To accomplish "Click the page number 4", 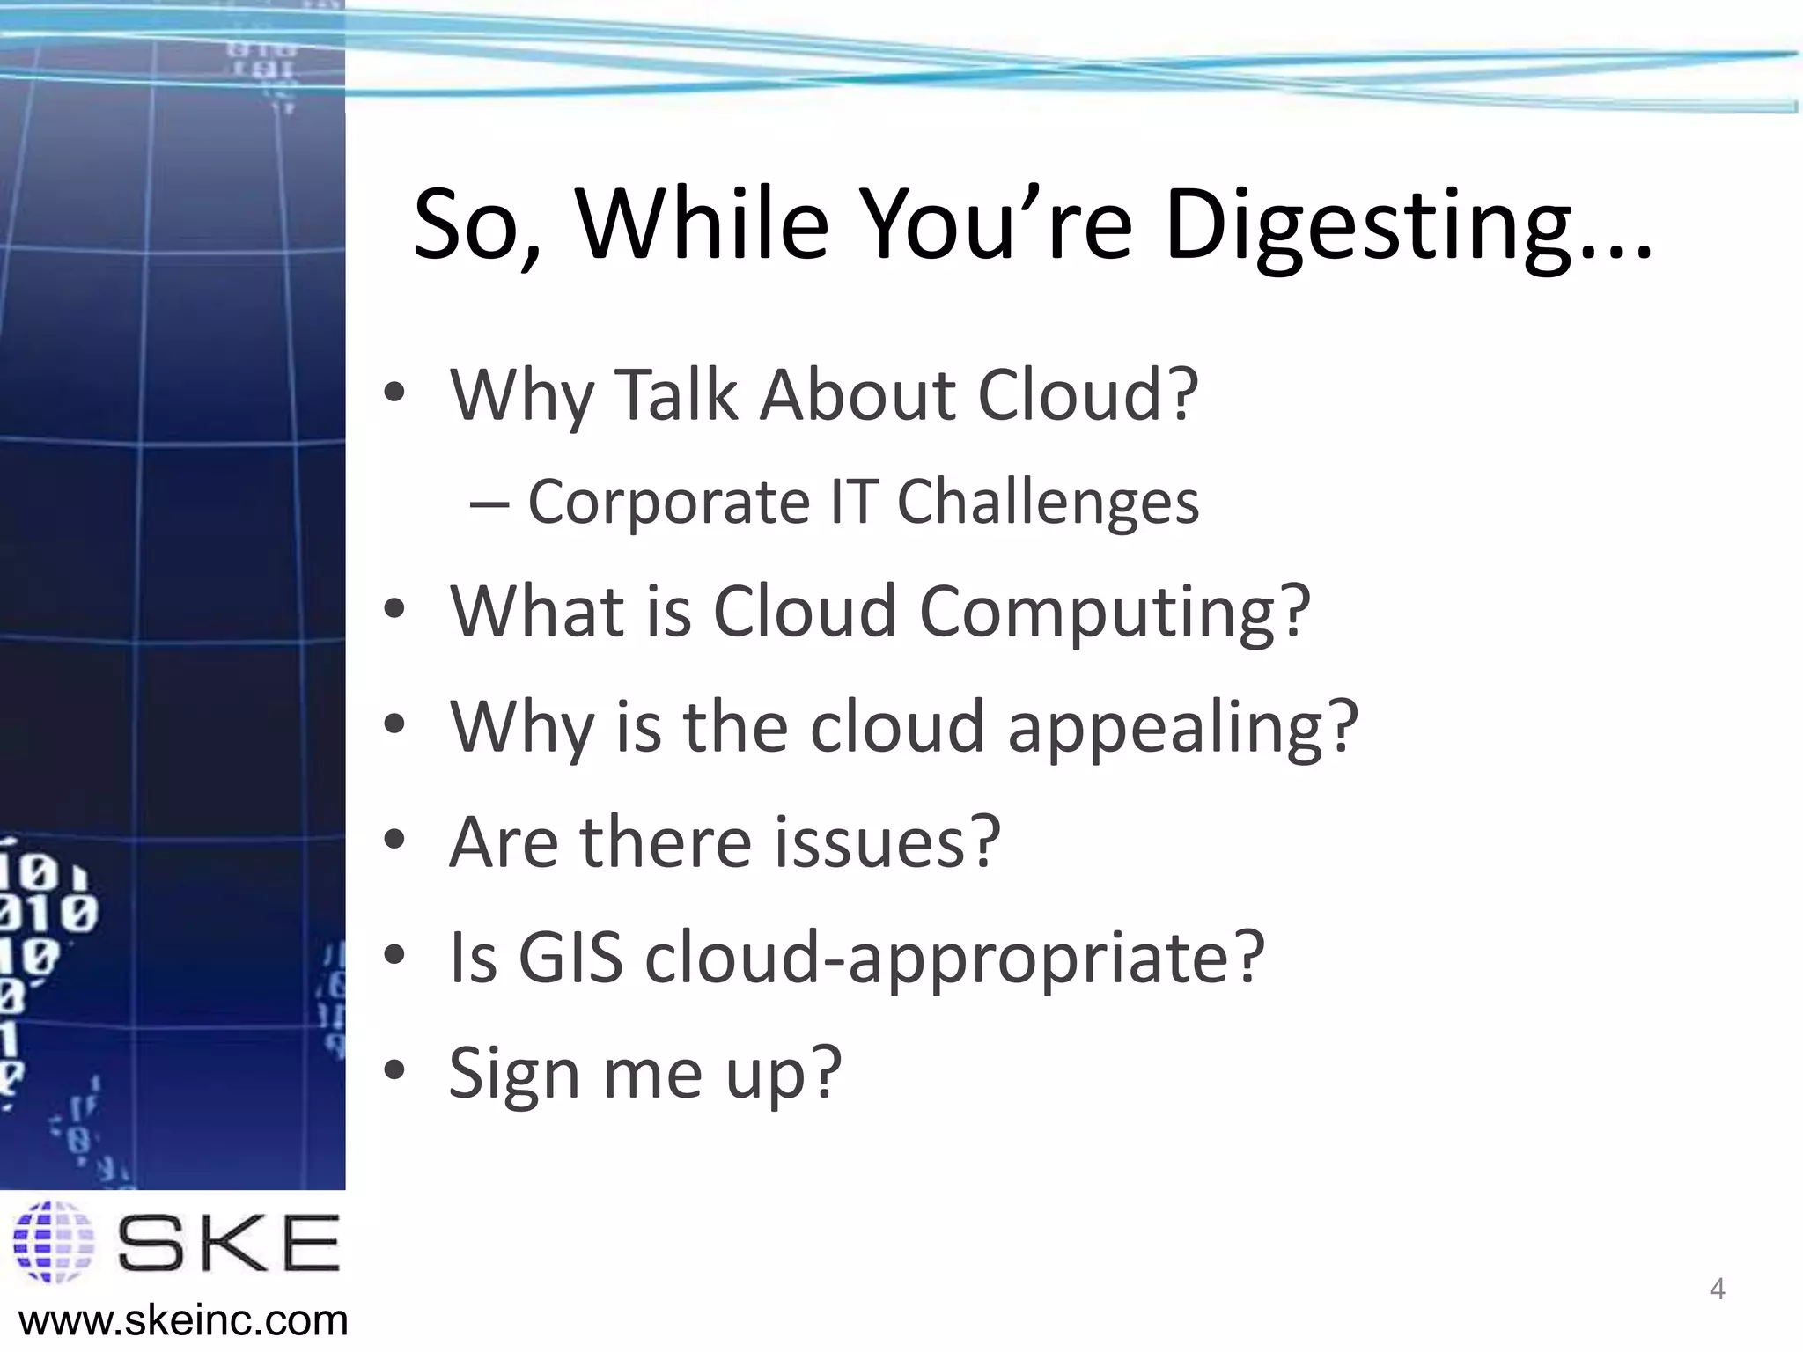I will tap(1716, 1290).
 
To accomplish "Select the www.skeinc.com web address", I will tap(183, 1320).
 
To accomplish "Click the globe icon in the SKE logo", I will tap(54, 1242).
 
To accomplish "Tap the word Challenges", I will tap(1048, 503).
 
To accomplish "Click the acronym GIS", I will tap(570, 957).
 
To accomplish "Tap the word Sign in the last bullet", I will tap(514, 1074).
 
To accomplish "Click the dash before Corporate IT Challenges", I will tap(489, 503).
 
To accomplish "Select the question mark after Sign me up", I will tap(825, 1072).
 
